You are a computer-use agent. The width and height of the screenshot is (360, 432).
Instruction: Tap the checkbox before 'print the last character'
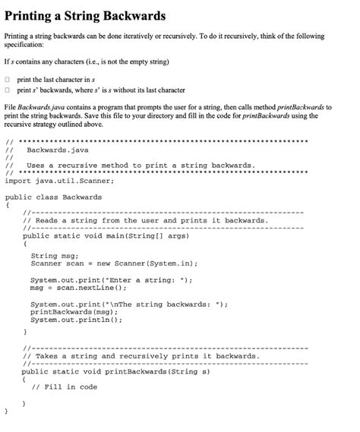click(8, 79)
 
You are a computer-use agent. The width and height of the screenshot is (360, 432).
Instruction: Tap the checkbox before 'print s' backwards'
click(8, 90)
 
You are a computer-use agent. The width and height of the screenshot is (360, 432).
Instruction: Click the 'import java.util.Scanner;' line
click(49, 181)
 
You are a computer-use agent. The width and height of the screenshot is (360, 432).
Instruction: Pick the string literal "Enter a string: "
click(159, 280)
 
